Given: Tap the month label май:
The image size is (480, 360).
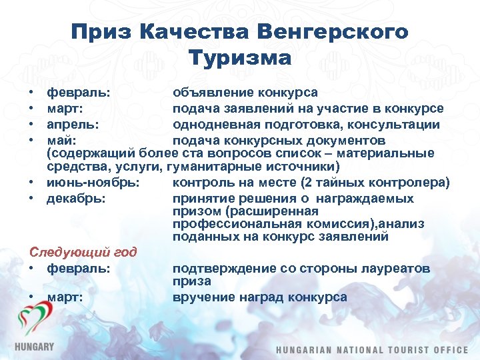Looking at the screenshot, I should coord(61,141).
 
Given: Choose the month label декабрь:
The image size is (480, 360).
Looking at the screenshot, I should coord(75,198).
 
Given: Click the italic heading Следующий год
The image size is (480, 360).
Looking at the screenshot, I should coord(83,252).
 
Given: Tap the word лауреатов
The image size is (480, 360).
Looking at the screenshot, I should coord(397,268).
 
